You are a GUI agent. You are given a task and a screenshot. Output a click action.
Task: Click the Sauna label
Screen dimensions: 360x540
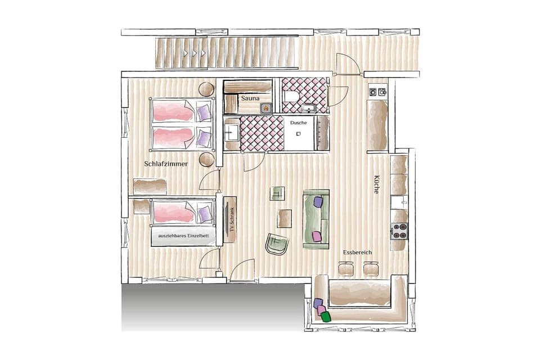click(250, 98)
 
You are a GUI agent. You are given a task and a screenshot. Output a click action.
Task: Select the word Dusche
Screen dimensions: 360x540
click(298, 122)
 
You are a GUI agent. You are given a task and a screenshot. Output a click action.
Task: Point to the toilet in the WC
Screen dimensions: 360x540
click(291, 97)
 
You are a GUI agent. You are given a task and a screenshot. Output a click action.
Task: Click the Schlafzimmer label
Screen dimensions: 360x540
click(165, 164)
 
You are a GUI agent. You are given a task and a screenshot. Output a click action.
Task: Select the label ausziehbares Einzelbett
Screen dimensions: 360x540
click(183, 236)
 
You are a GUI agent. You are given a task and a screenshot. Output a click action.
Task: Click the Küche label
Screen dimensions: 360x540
click(376, 184)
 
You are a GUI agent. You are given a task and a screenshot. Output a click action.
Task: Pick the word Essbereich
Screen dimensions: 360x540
click(358, 253)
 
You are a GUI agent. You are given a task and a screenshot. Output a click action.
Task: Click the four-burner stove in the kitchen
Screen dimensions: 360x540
click(399, 231)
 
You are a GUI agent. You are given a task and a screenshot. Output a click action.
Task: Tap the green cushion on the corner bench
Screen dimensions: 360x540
click(326, 316)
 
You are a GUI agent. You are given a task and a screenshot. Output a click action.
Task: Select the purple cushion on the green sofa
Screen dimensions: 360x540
click(318, 201)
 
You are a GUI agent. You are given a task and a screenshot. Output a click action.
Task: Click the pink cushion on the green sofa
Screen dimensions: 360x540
click(317, 236)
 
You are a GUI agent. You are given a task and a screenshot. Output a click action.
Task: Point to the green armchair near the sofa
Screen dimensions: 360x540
click(277, 244)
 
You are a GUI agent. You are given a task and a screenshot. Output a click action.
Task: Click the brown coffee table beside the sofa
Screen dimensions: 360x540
click(285, 218)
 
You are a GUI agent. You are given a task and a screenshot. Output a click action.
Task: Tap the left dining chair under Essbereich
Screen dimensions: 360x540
click(346, 270)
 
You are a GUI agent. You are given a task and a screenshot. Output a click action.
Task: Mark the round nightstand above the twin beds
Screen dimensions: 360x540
click(206, 89)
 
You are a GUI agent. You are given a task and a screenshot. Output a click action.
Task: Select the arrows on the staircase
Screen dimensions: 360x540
click(195, 53)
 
